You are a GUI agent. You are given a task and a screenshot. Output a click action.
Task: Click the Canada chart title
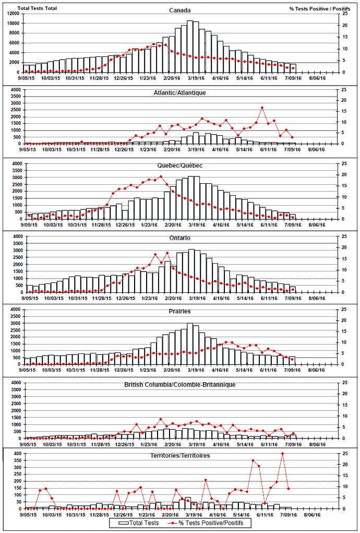tap(179, 10)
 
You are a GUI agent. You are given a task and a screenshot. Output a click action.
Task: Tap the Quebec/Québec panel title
tap(179, 165)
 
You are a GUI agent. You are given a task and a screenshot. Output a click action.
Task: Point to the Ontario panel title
tap(179, 238)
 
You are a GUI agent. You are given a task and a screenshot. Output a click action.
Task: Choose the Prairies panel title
tap(179, 311)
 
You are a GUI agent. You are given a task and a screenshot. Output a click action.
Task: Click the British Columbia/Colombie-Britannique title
tap(179, 384)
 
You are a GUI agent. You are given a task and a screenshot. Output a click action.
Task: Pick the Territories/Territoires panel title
tap(181, 456)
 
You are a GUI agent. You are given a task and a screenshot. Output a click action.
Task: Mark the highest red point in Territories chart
tap(283, 454)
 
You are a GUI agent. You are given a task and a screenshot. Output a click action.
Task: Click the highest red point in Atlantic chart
tap(262, 108)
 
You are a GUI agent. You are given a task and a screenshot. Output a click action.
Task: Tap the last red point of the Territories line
tap(289, 489)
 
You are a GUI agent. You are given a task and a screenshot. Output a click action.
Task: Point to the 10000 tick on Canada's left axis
tap(14, 23)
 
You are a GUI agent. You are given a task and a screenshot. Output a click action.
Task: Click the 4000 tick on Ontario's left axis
tap(16, 236)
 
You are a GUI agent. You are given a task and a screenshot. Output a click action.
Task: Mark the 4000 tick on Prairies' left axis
tap(16, 310)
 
